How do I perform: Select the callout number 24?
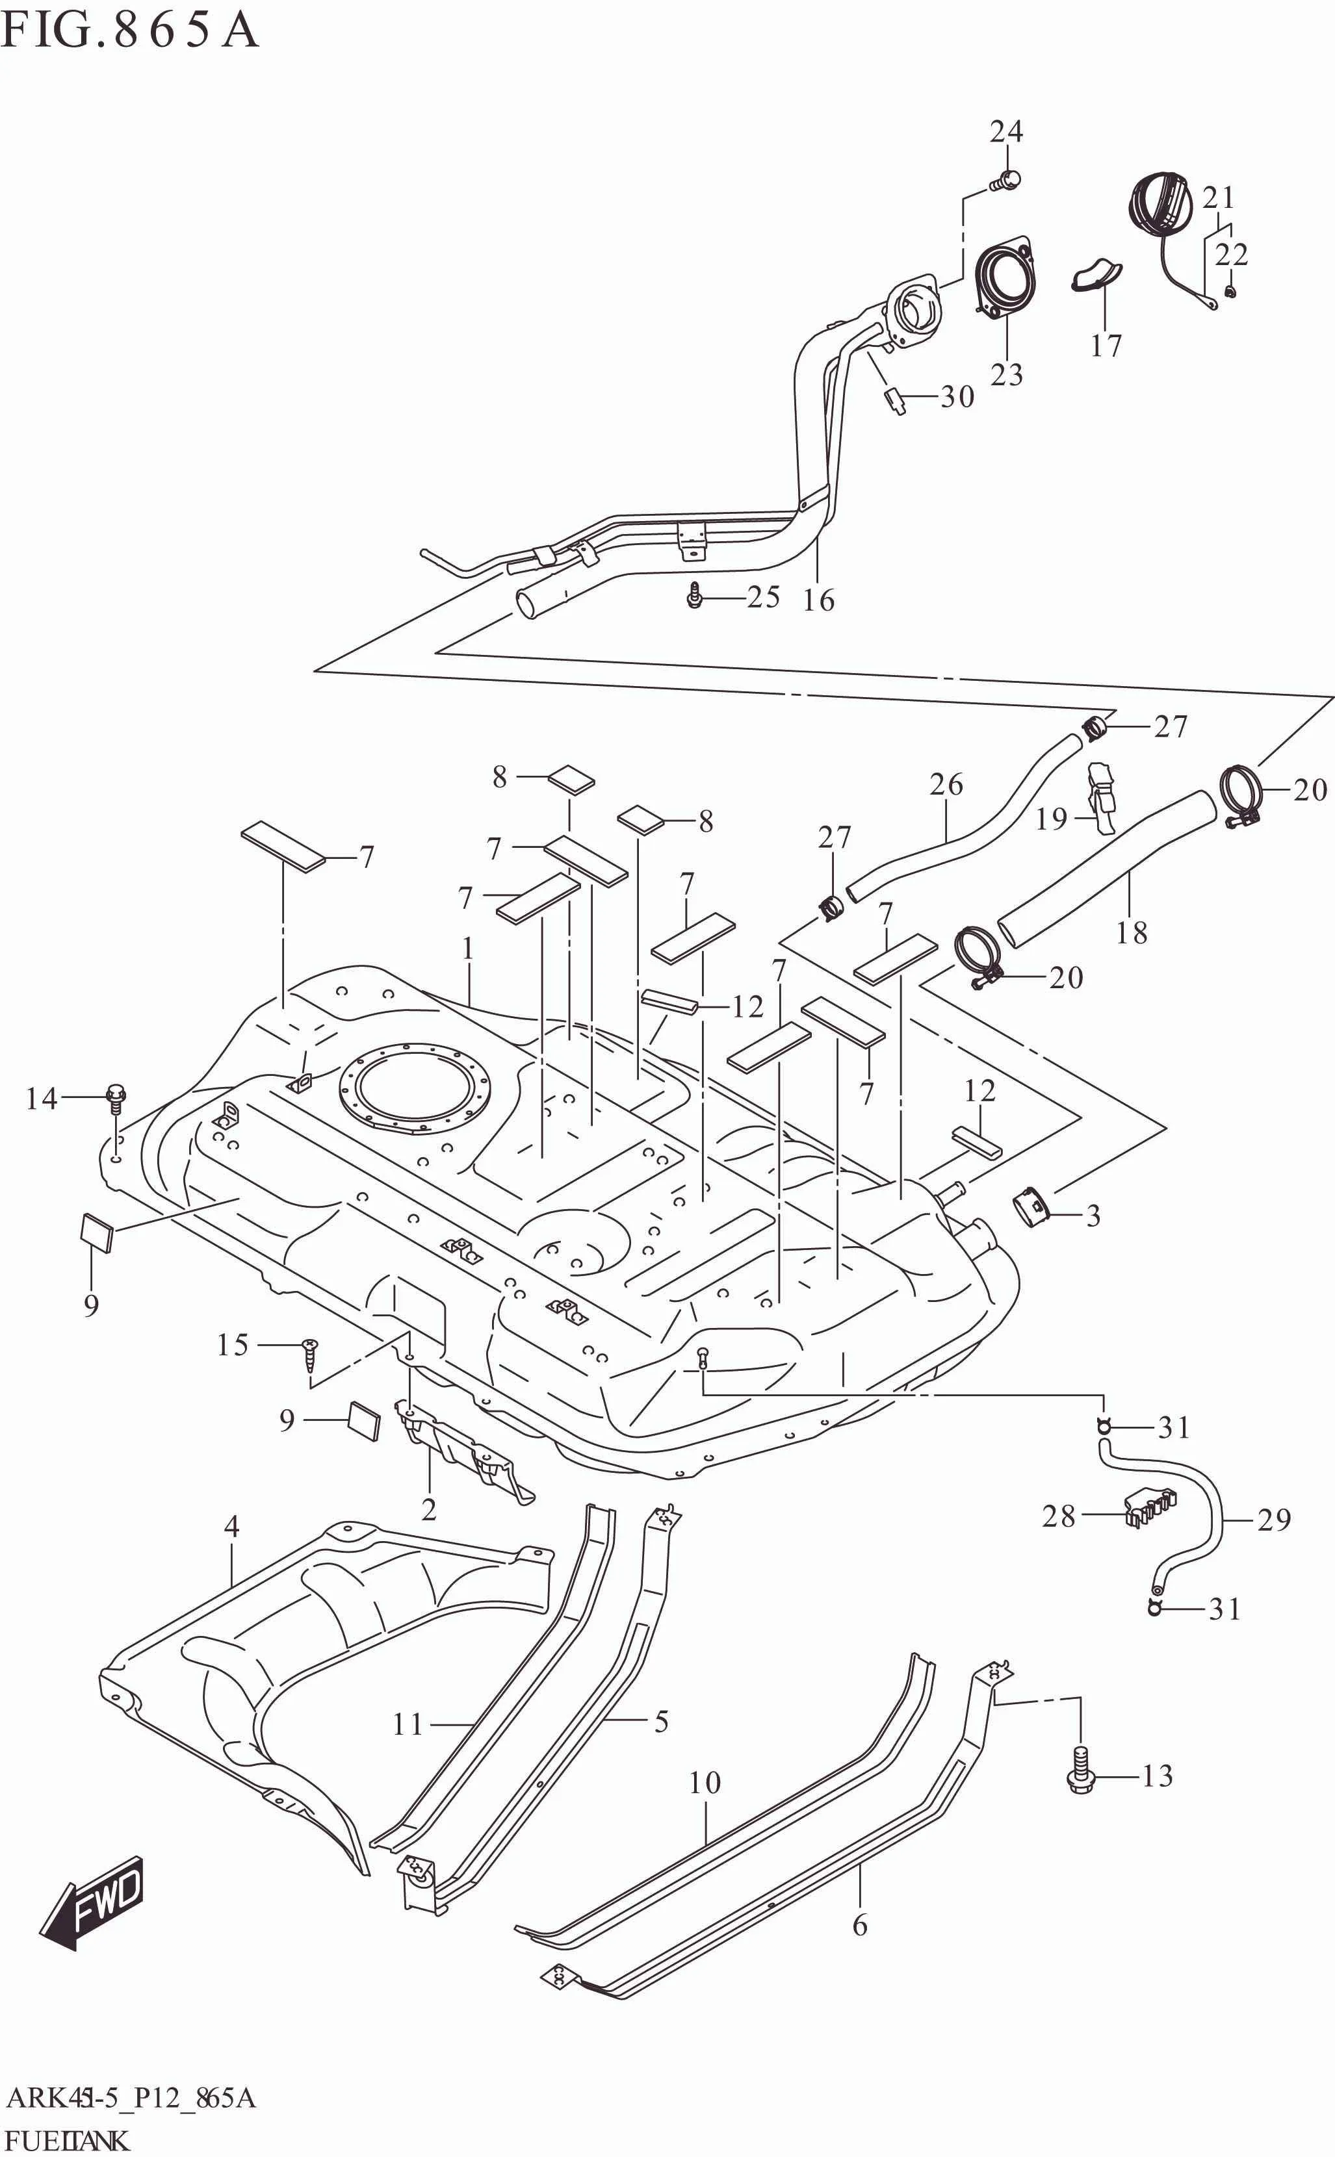[x=1005, y=131]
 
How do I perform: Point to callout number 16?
[x=818, y=600]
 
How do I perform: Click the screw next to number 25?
[x=694, y=598]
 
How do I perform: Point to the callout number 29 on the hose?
[x=1273, y=1519]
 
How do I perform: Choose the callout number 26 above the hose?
[x=946, y=785]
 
